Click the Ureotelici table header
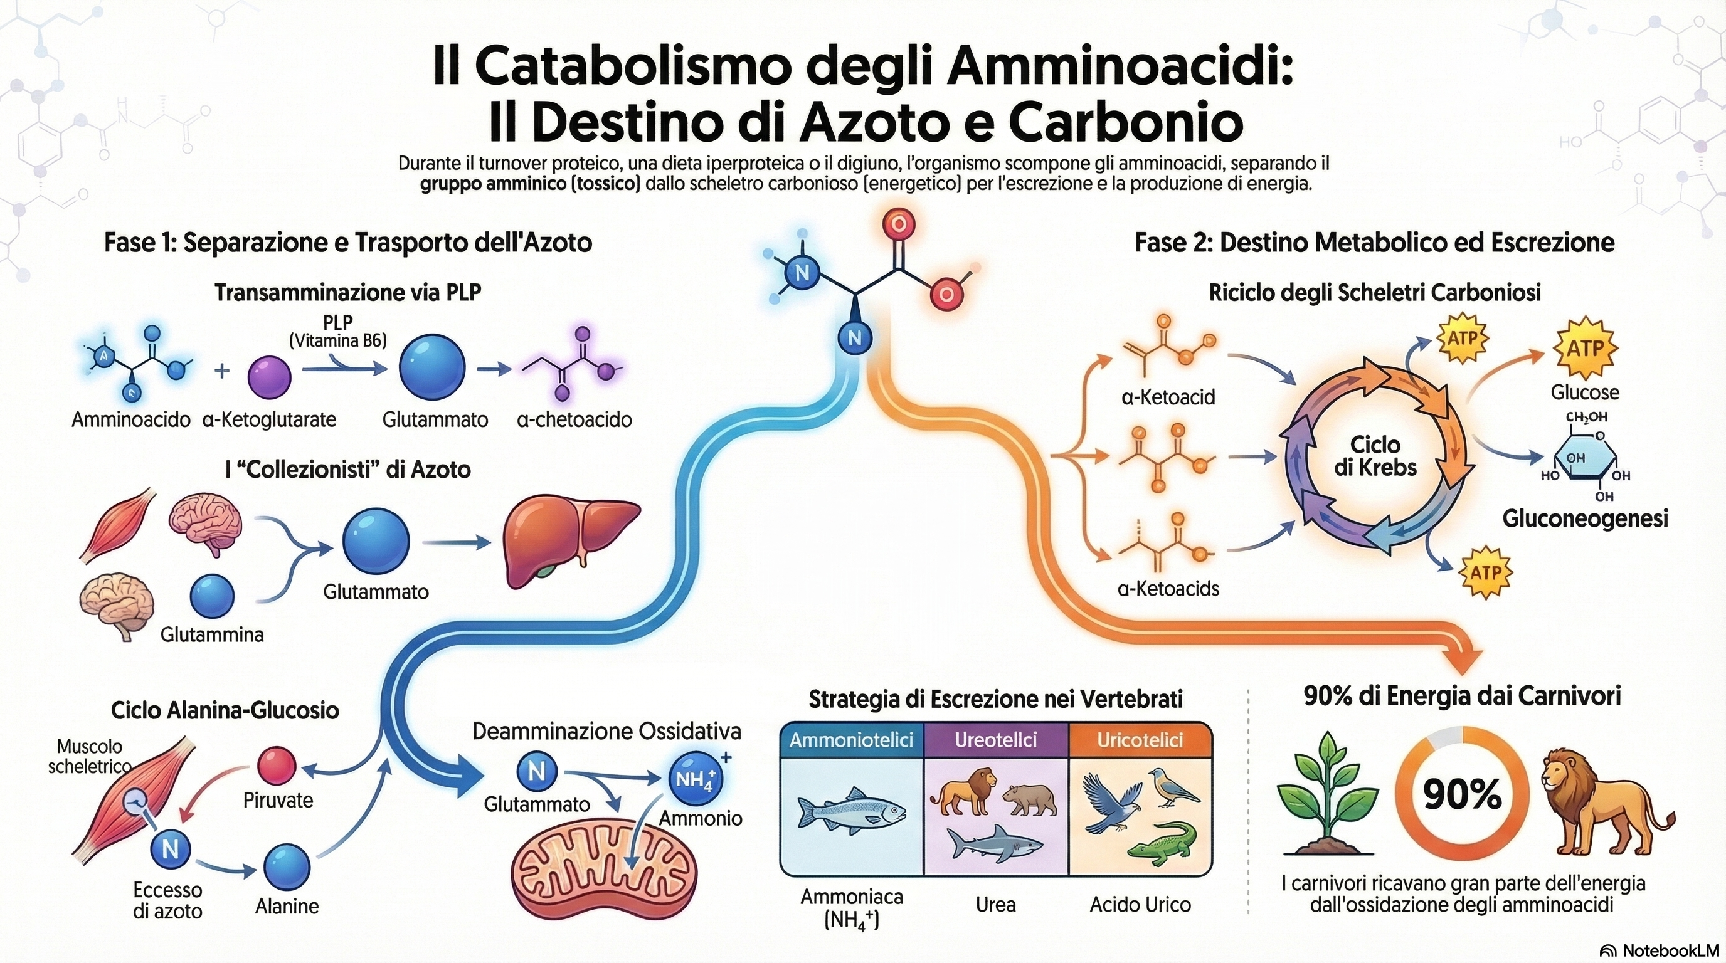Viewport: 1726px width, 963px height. pos(996,740)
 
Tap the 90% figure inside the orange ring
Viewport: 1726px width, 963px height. pos(1462,795)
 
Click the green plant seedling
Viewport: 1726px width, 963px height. pos(1326,797)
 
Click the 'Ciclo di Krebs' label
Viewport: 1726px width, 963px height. pos(1375,455)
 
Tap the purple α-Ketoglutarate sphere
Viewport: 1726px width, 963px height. pos(269,377)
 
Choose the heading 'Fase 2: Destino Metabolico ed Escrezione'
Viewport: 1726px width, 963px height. pos(1374,243)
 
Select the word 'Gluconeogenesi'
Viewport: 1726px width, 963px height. pos(1585,518)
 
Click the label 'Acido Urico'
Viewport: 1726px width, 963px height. pos(1140,905)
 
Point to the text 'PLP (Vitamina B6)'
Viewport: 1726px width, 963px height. pos(337,331)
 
